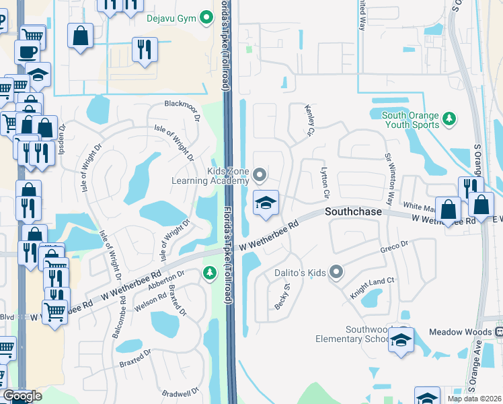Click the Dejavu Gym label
(171, 19)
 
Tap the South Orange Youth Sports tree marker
(449, 120)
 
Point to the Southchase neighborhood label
(354, 211)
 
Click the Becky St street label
(282, 296)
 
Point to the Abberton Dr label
(171, 279)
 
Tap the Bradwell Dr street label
(181, 392)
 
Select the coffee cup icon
(27, 52)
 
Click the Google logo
(22, 396)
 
